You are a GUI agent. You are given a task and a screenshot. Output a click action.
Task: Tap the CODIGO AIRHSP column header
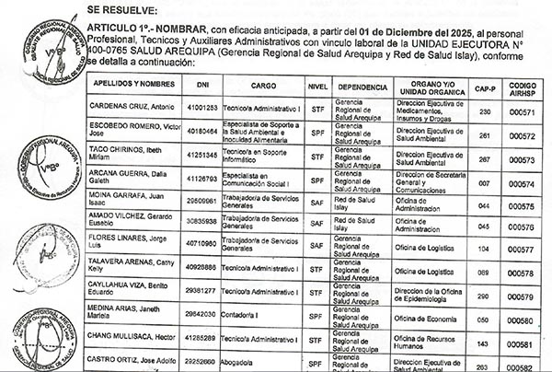coord(523,85)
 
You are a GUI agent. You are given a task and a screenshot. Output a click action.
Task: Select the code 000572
coord(523,134)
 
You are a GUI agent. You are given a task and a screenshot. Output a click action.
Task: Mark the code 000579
coord(523,296)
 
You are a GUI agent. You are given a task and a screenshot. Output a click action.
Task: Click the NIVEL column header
coord(317,85)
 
